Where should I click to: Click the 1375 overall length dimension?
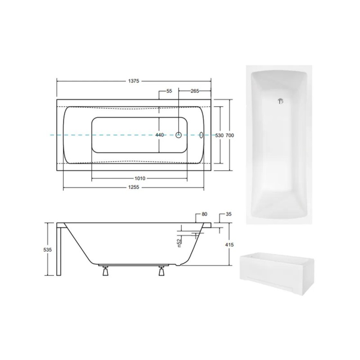(x=134, y=81)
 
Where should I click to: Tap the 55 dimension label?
(x=169, y=91)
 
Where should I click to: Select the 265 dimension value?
(x=195, y=91)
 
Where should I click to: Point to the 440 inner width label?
(x=160, y=135)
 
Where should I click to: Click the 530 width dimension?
(x=219, y=135)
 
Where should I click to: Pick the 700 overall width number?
(x=229, y=135)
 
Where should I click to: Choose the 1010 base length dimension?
(x=140, y=178)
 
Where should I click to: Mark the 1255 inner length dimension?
(x=134, y=187)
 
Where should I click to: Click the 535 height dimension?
(x=48, y=250)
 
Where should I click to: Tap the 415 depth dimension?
(x=229, y=245)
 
